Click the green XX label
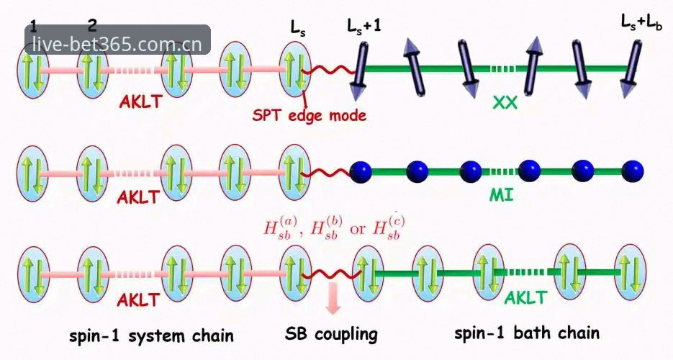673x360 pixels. coord(505,102)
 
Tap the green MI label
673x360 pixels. coord(502,196)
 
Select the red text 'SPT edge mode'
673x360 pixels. coord(309,115)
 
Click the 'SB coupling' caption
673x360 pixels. coord(331,334)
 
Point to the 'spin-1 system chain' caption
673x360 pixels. coord(151,335)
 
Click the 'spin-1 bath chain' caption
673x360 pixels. coord(527,333)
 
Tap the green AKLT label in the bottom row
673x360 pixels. coord(525,297)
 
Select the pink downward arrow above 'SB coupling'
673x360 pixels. coord(333,299)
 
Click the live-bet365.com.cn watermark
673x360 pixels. coord(117,44)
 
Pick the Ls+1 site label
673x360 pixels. coord(364,26)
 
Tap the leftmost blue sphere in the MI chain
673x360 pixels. coord(361,171)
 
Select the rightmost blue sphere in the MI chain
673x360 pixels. coord(633,171)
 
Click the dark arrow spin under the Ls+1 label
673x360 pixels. coord(360,71)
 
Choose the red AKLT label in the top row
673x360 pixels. coord(141,102)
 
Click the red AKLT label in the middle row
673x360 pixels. coord(138,197)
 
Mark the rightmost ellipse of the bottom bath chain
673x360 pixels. coord(630,271)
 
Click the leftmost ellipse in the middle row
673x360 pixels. coord(32,173)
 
